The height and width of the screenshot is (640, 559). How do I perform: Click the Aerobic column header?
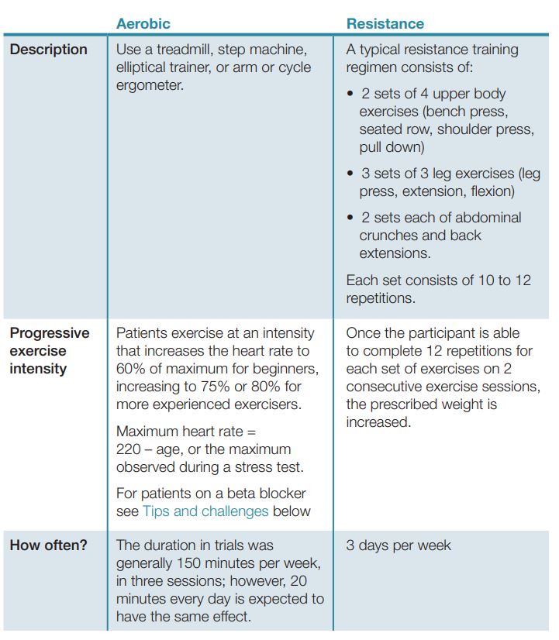pyautogui.click(x=143, y=23)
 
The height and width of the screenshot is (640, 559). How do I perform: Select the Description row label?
pyautogui.click(x=48, y=50)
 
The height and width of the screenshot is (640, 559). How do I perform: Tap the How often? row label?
pyautogui.click(x=48, y=545)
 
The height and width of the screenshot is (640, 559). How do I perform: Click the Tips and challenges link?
pyautogui.click(x=205, y=511)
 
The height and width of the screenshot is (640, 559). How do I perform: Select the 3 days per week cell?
pyautogui.click(x=398, y=545)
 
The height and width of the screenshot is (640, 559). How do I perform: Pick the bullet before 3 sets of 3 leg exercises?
pyautogui.click(x=350, y=174)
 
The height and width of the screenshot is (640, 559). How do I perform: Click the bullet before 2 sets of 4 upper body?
pyautogui.click(x=350, y=94)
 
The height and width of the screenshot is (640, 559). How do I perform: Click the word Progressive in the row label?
pyautogui.click(x=50, y=333)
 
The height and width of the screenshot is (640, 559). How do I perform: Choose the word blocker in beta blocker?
pyautogui.click(x=283, y=494)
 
